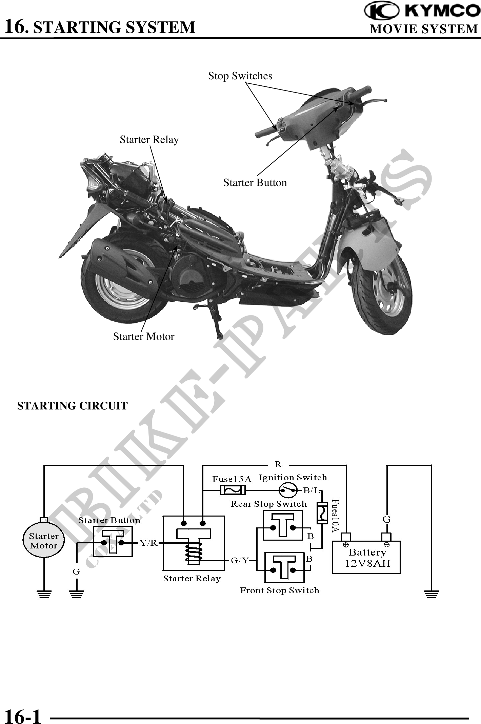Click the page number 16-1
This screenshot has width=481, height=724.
point(23,716)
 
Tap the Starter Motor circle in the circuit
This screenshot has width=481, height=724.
point(44,541)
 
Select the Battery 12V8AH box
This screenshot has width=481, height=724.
point(366,558)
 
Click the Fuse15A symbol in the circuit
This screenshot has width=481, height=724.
point(233,490)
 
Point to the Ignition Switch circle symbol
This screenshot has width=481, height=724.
point(288,490)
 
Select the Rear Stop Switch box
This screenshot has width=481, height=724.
point(283,526)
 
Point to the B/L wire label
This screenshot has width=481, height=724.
point(310,490)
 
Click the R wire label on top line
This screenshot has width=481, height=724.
point(278,464)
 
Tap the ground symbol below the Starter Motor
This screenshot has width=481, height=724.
point(44,594)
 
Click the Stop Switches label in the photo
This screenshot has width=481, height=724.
point(240,76)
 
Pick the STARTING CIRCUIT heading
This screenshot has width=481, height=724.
point(73,406)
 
